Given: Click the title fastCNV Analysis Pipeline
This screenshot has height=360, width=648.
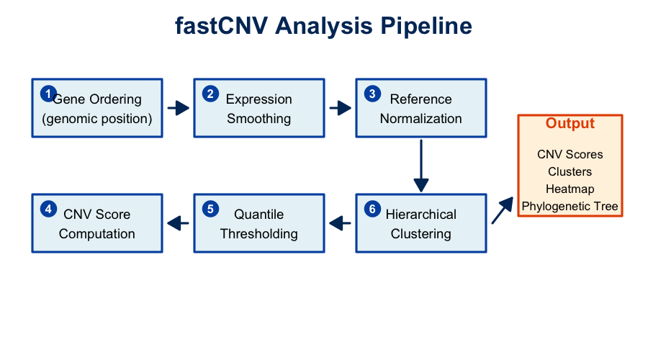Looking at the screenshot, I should pyautogui.click(x=323, y=26).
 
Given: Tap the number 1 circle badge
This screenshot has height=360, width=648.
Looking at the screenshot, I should pyautogui.click(x=48, y=94).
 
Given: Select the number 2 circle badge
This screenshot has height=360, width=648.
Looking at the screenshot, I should pyautogui.click(x=210, y=94).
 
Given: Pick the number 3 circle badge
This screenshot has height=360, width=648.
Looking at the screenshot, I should pyautogui.click(x=372, y=94).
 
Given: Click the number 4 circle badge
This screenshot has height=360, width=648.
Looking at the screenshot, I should pyautogui.click(x=48, y=209).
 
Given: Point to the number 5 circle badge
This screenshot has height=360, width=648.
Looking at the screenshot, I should pyautogui.click(x=210, y=209).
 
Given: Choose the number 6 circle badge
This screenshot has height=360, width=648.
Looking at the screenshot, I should pyautogui.click(x=372, y=209).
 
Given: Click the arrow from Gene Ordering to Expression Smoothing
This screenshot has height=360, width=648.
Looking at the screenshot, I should pyautogui.click(x=178, y=108).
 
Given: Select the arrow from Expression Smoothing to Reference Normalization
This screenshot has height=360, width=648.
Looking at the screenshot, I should pyautogui.click(x=340, y=108).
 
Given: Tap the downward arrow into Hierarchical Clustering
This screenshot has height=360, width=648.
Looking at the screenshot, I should pyautogui.click(x=421, y=166).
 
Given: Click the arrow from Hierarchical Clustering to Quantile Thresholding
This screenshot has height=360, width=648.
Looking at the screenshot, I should pyautogui.click(x=340, y=223).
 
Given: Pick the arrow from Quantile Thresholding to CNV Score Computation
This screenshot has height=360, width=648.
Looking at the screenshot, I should pyautogui.click(x=178, y=223).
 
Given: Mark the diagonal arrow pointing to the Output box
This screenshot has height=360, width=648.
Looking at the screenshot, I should pyautogui.click(x=502, y=211).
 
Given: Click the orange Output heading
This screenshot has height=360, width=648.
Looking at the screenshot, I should pyautogui.click(x=570, y=123).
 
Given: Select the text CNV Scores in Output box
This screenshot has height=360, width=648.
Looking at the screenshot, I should pyautogui.click(x=570, y=154).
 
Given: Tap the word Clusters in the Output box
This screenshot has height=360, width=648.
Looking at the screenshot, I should pyautogui.click(x=570, y=171).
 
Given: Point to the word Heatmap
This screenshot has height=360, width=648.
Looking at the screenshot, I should pyautogui.click(x=570, y=189).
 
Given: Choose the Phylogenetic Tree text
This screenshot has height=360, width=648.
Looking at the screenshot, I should pyautogui.click(x=570, y=207).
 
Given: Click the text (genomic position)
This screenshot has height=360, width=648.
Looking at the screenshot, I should pyautogui.click(x=97, y=119).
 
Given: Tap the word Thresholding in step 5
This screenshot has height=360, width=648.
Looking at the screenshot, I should pyautogui.click(x=259, y=234).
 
